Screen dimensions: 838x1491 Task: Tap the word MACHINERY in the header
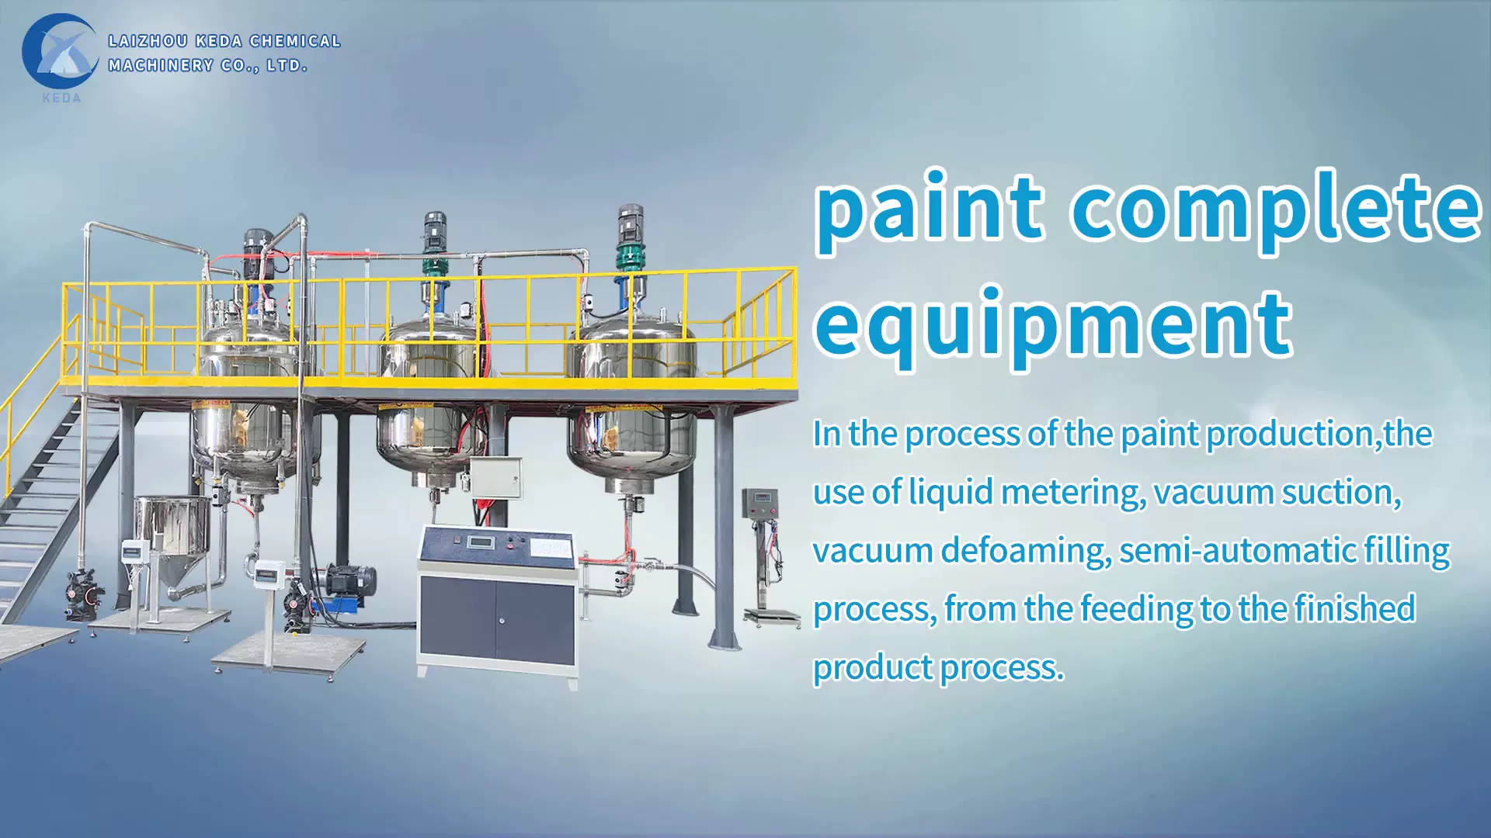coord(160,66)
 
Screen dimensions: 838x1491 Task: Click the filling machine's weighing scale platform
coord(772,617)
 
